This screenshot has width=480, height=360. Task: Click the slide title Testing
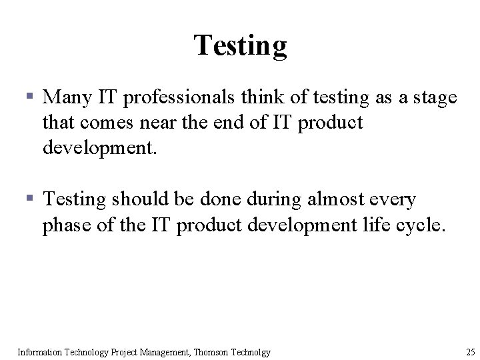240,45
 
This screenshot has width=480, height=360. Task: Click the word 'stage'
435,99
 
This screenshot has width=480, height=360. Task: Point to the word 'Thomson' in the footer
205,352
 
